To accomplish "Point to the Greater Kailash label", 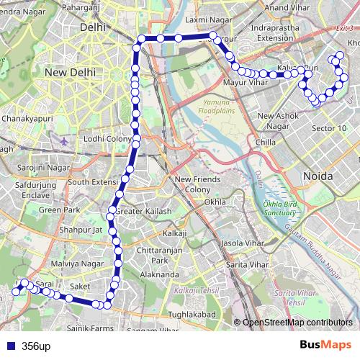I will [144, 212].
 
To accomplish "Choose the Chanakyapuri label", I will [29, 117].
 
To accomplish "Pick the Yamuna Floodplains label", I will [217, 107].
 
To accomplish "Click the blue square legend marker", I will [9, 346].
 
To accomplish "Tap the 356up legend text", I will [36, 346].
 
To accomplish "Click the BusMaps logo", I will [326, 345].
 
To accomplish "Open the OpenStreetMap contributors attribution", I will [297, 323].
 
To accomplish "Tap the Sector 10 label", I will [328, 128].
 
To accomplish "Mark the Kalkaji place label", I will [175, 234].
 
